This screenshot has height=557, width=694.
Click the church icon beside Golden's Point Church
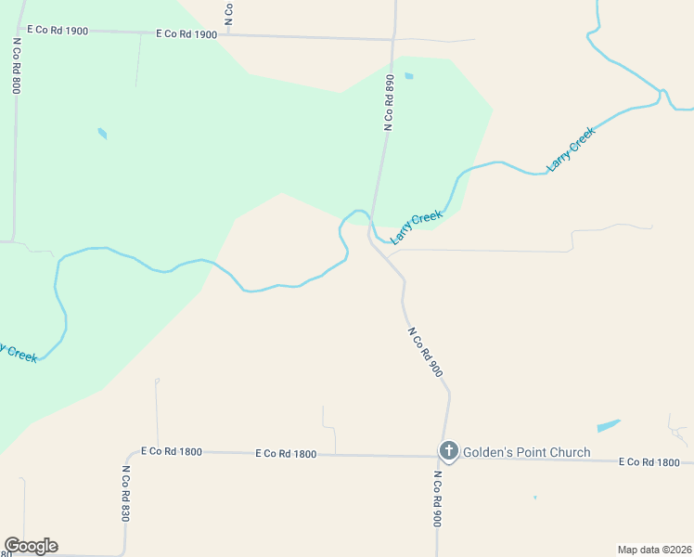tap(448, 452)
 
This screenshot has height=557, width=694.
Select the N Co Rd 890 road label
tap(391, 102)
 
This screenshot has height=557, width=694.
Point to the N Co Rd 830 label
tap(124, 493)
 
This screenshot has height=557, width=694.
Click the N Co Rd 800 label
tap(16, 66)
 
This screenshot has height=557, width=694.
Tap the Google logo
tap(31, 546)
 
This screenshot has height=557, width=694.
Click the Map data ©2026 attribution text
tap(654, 550)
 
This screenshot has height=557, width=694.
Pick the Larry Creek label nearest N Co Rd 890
tap(417, 227)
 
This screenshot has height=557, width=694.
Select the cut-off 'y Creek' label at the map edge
tap(19, 353)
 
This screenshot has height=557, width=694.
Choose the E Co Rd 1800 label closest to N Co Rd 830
tap(171, 451)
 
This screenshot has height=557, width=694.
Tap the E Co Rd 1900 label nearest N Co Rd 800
tap(58, 31)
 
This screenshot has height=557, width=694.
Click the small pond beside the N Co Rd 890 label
tap(409, 76)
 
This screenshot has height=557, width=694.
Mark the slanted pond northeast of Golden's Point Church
tap(609, 425)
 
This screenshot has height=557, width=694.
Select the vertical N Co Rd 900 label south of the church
tap(436, 499)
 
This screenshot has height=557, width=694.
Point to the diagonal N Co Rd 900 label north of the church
tap(425, 351)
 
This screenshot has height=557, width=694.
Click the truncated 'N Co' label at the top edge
tap(228, 12)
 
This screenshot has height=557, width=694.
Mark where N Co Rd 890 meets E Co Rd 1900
tap(392, 40)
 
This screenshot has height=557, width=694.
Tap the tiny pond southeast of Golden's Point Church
tap(535, 498)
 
